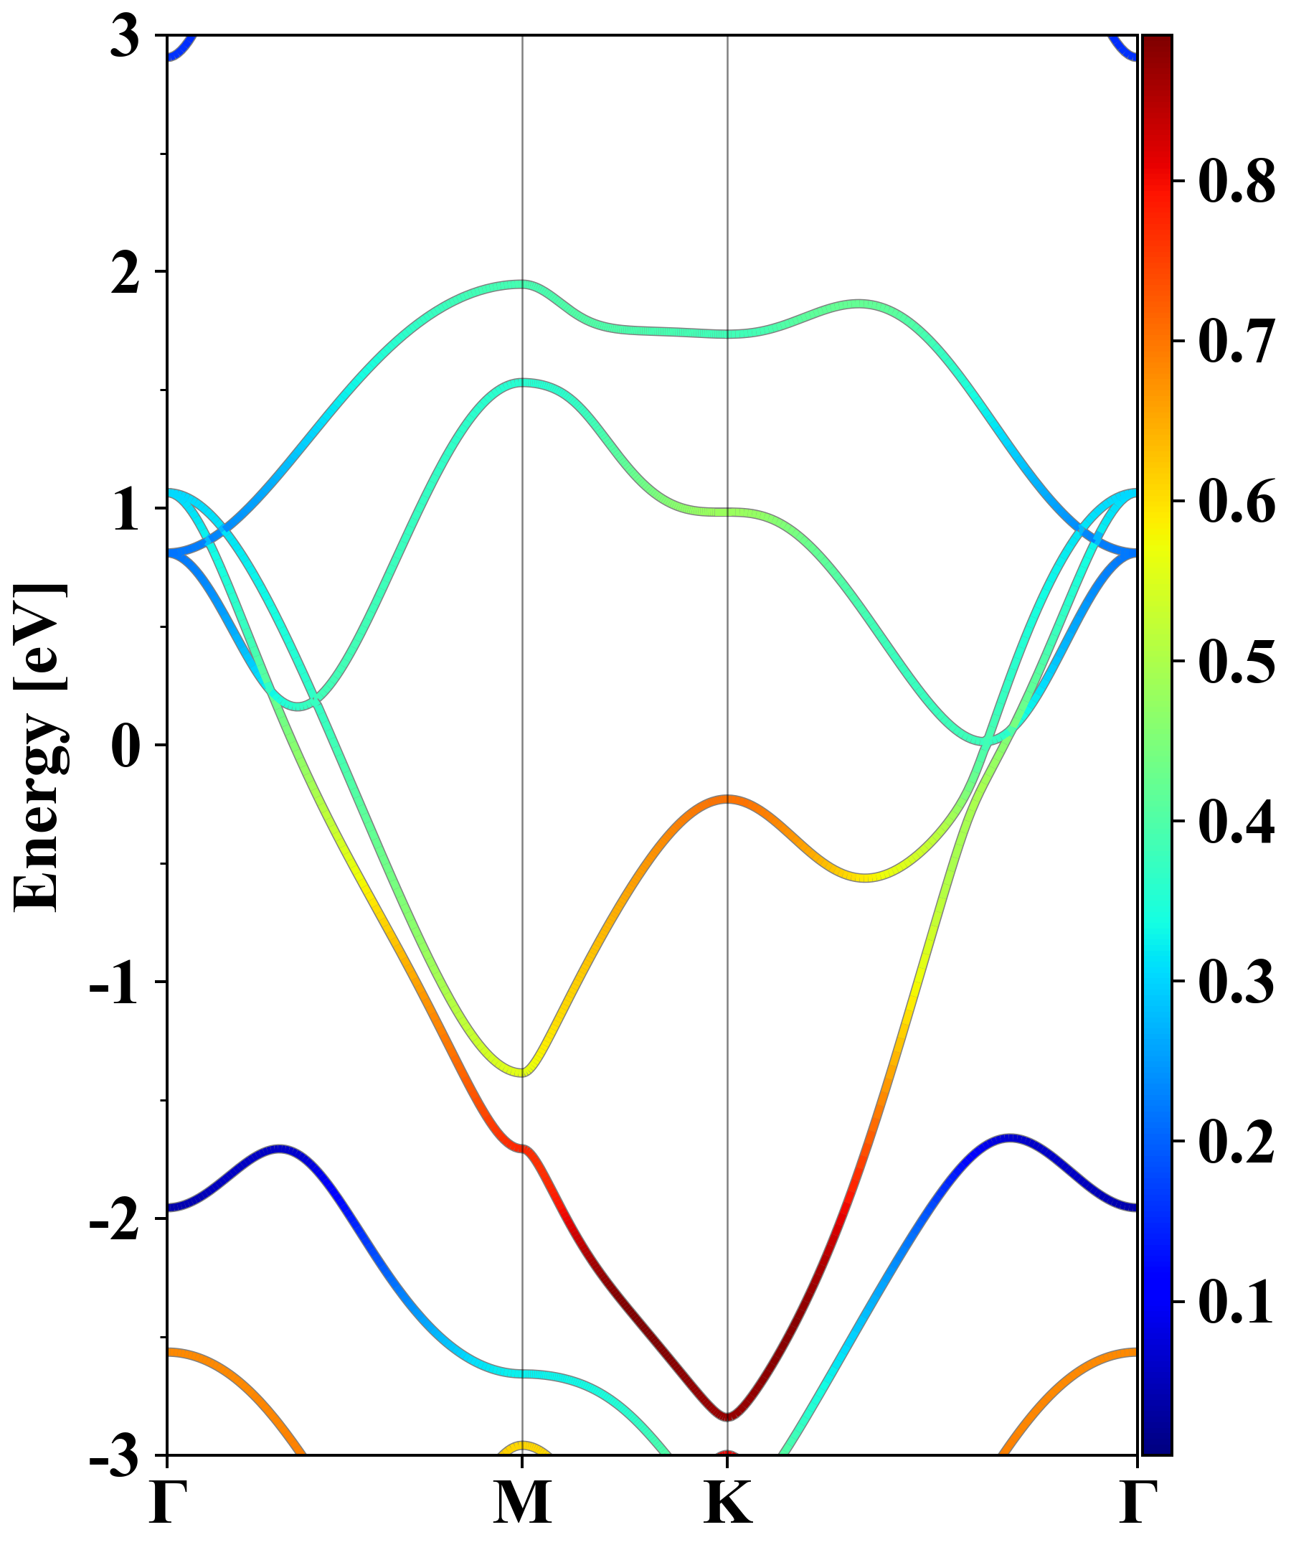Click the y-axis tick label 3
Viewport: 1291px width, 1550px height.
125,37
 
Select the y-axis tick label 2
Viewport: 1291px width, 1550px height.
125,278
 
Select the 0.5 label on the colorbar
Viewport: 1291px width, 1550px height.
1236,662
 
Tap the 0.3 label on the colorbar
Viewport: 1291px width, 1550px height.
1236,982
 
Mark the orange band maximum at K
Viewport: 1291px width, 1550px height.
728,799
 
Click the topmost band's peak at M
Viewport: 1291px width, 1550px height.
522,284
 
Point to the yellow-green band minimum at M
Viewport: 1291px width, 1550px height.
522,1071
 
